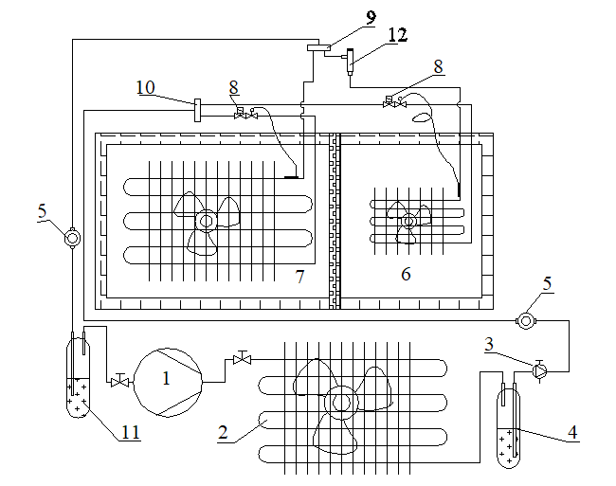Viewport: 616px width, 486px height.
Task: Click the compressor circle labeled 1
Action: pyautogui.click(x=168, y=382)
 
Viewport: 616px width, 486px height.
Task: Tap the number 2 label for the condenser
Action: pyautogui.click(x=223, y=432)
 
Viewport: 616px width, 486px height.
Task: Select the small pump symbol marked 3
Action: pyautogui.click(x=539, y=370)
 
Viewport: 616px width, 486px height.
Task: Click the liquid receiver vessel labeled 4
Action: pyautogui.click(x=509, y=428)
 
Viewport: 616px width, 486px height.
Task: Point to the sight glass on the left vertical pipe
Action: pyautogui.click(x=72, y=238)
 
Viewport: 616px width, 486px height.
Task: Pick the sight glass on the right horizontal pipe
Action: pyautogui.click(x=525, y=321)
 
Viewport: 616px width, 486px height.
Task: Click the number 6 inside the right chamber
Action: pyautogui.click(x=406, y=274)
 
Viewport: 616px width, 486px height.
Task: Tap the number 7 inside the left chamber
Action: pyautogui.click(x=300, y=277)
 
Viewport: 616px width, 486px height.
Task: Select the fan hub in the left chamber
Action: pyautogui.click(x=207, y=221)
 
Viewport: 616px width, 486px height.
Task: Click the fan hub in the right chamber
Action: pyautogui.click(x=408, y=222)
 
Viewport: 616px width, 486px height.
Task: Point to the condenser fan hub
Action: pyautogui.click(x=341, y=403)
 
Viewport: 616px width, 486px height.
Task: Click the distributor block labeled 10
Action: pyautogui.click(x=197, y=110)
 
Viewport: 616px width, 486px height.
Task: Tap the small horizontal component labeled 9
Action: pyautogui.click(x=318, y=48)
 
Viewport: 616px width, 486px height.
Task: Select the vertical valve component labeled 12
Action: pyautogui.click(x=350, y=62)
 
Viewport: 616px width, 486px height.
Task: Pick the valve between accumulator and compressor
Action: pyautogui.click(x=119, y=381)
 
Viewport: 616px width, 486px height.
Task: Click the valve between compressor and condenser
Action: pyautogui.click(x=242, y=358)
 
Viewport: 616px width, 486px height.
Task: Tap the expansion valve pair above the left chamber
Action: pyautogui.click(x=246, y=114)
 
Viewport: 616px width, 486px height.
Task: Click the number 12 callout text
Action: pyautogui.click(x=398, y=34)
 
